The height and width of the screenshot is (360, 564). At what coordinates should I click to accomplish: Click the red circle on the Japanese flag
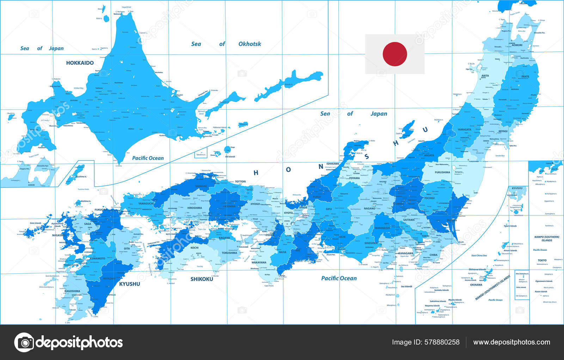(x=395, y=54)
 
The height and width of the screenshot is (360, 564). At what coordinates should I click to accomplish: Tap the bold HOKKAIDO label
(x=80, y=63)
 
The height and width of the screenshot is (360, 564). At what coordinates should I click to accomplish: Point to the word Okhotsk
(x=250, y=44)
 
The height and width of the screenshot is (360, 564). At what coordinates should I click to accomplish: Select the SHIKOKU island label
(x=202, y=279)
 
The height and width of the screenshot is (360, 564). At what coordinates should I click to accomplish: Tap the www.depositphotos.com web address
(x=511, y=342)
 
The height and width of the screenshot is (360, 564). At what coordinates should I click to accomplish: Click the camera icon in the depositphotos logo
(x=24, y=342)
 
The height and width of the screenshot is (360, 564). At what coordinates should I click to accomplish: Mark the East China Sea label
(x=479, y=255)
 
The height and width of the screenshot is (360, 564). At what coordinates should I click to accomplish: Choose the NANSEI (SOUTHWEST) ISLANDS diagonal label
(x=492, y=288)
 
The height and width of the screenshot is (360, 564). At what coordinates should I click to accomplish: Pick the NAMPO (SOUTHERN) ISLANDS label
(x=547, y=238)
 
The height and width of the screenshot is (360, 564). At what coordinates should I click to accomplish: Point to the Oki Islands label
(x=230, y=156)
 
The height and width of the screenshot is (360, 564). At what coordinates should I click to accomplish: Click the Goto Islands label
(x=36, y=223)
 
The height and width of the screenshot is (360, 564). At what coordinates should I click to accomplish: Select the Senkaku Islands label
(x=441, y=290)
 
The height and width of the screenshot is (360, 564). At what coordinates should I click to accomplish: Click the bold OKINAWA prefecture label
(x=476, y=285)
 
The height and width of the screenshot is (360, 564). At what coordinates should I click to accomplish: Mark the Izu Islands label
(x=406, y=286)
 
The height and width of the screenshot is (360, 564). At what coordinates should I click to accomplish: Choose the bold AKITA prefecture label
(x=485, y=76)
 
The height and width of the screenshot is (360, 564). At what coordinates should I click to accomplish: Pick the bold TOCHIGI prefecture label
(x=429, y=198)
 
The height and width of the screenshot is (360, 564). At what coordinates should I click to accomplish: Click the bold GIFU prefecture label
(x=329, y=209)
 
